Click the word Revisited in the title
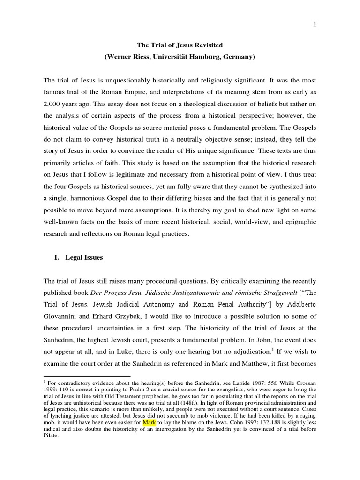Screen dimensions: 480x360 pyautogui.click(x=208, y=45)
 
